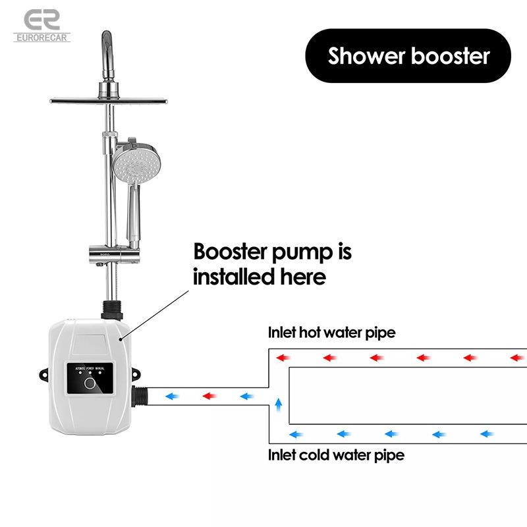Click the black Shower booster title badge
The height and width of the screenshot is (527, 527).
tap(408, 56)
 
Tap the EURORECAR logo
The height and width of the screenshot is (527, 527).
tap(41, 25)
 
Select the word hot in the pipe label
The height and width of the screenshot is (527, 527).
tap(311, 333)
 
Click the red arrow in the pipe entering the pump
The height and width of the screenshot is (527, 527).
tap(210, 396)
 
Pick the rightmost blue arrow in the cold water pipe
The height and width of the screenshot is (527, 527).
tap(487, 433)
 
